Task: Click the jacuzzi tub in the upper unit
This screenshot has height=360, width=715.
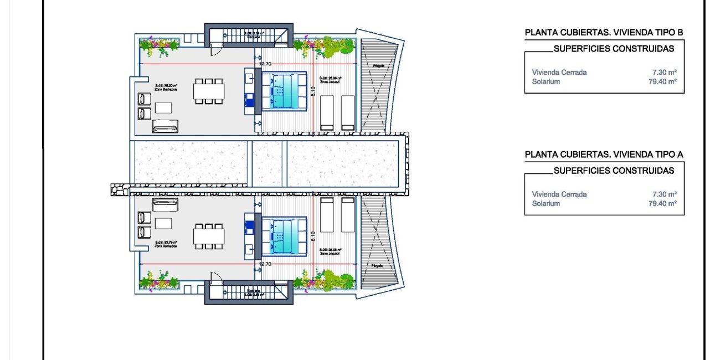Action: [284, 91]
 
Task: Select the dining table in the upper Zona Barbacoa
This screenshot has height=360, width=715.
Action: [209, 91]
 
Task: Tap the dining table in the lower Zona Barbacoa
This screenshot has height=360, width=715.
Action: [209, 236]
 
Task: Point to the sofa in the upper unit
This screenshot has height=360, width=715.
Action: [166, 126]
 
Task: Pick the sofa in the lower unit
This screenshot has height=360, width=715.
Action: [166, 204]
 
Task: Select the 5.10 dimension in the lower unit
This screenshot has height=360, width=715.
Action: [313, 236]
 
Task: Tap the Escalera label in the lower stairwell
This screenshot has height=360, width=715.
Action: [254, 291]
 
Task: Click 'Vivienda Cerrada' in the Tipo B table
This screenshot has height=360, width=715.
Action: [559, 73]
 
